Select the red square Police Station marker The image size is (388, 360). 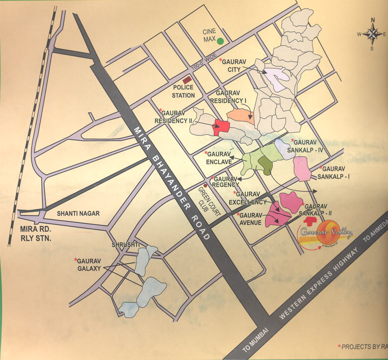pyautogui.click(x=188, y=80)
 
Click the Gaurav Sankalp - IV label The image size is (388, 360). pyautogui.click(x=308, y=145)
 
